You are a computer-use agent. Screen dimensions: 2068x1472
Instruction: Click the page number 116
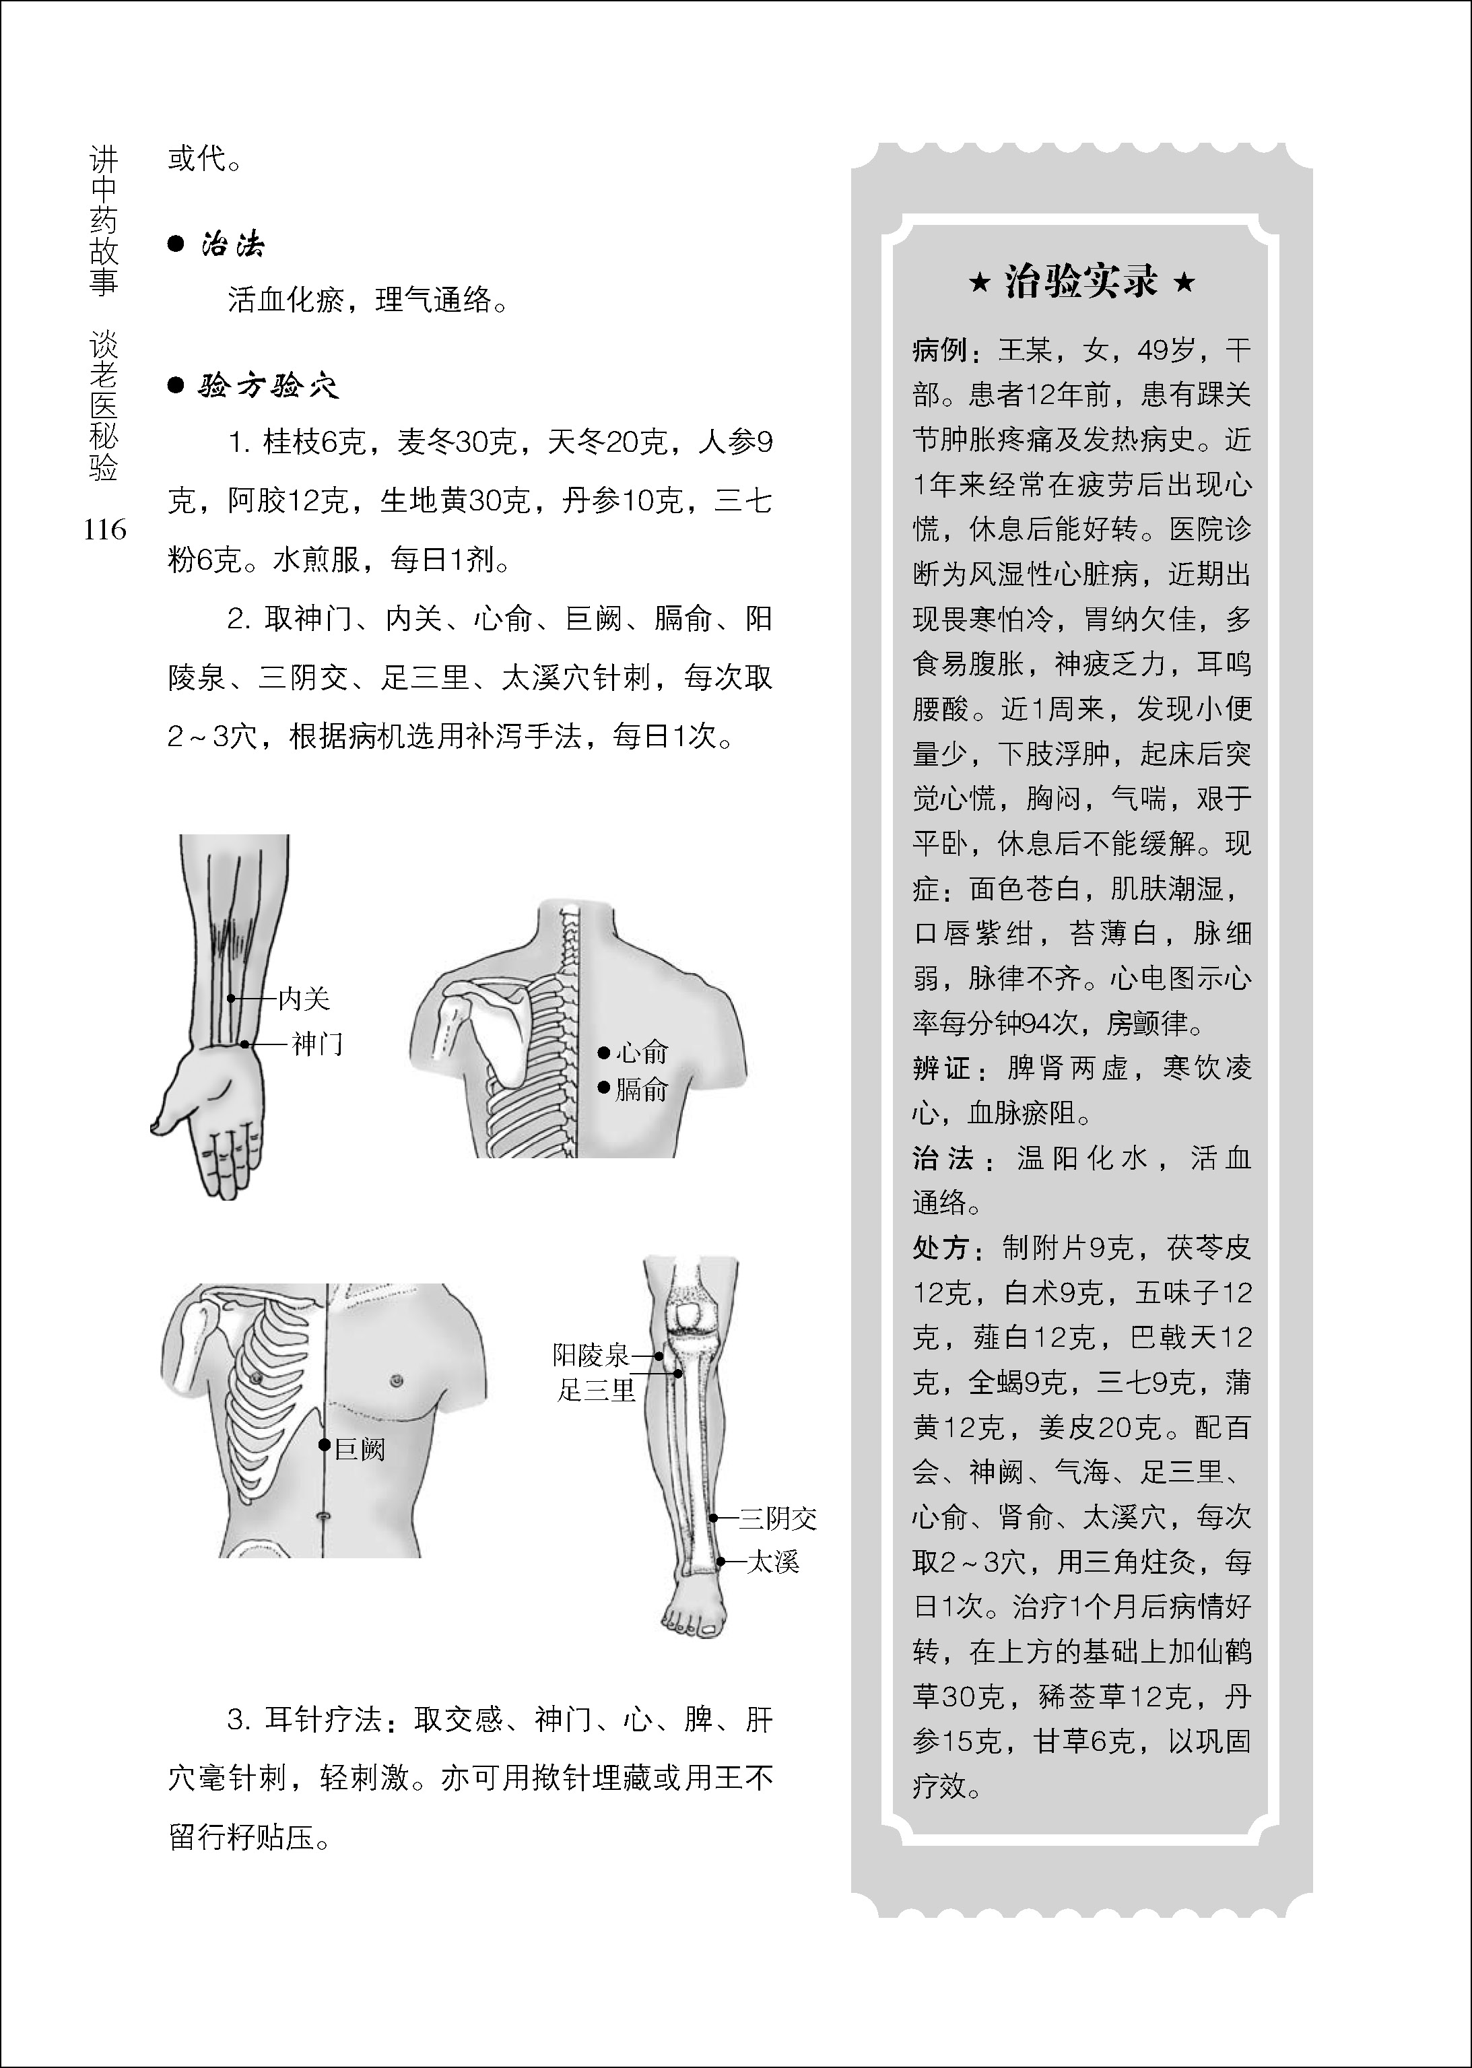104,529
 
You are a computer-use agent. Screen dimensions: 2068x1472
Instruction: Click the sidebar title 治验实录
1081,283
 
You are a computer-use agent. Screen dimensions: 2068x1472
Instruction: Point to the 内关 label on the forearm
304,999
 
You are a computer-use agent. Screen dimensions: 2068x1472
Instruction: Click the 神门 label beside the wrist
317,1044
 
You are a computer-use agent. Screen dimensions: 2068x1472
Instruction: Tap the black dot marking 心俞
603,1053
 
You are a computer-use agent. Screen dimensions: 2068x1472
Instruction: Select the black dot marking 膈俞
603,1088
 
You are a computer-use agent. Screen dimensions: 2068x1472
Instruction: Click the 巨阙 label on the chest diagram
360,1449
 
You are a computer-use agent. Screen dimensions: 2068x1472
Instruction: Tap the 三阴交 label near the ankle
778,1518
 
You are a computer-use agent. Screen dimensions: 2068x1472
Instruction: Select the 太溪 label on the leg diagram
772,1562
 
